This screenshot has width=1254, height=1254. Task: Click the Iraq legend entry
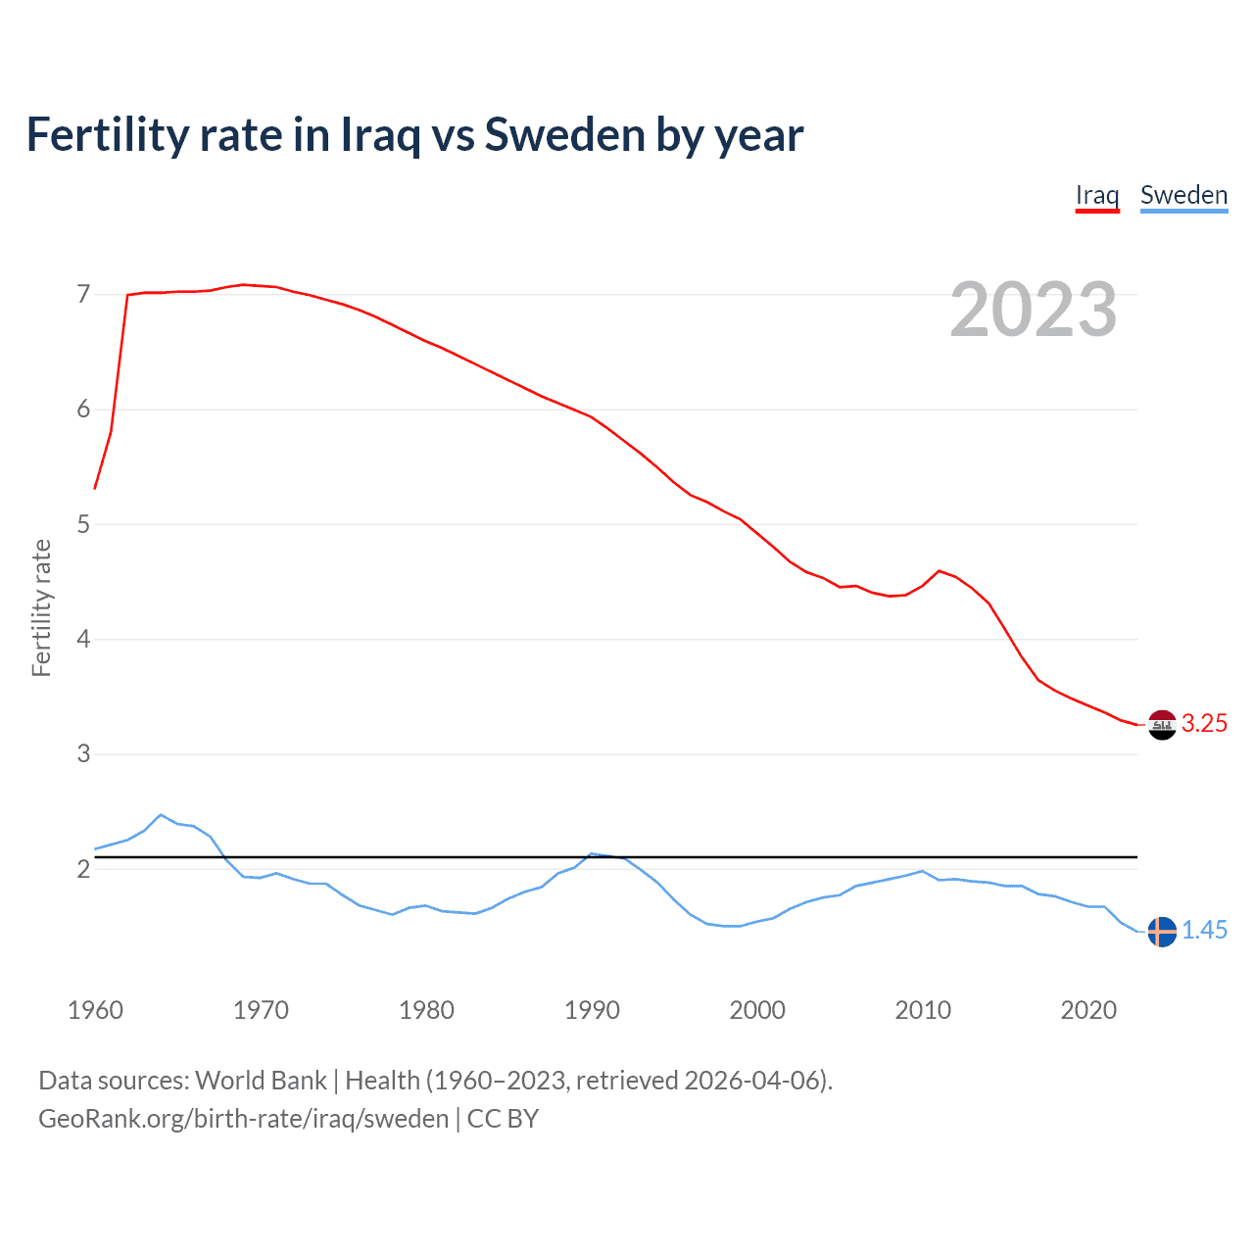[x=1097, y=195]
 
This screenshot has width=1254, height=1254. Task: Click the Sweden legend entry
[x=1183, y=195]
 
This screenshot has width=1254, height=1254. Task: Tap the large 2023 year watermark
[x=1034, y=310]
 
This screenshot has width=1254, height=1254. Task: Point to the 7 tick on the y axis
[x=83, y=294]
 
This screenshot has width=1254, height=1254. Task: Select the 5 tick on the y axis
[x=83, y=524]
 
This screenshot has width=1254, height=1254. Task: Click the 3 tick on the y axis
[x=83, y=753]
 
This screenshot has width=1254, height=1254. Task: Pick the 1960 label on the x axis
[x=95, y=1010]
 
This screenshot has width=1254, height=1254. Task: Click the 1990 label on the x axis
[x=592, y=1010]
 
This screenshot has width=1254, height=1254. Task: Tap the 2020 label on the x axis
[x=1088, y=1010]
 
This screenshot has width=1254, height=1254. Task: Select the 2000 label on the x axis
[x=757, y=1010]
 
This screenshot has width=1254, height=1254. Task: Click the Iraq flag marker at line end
[x=1162, y=725]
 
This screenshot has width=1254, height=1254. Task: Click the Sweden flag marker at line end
[x=1162, y=932]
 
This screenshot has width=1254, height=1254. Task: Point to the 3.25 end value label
[x=1204, y=724]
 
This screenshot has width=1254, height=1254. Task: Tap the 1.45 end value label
[x=1204, y=931]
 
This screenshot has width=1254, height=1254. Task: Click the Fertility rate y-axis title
[x=41, y=607]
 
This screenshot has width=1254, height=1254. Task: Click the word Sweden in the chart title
[x=561, y=135]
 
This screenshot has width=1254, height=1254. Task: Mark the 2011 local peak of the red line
[x=940, y=570]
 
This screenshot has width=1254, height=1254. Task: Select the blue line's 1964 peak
[x=161, y=814]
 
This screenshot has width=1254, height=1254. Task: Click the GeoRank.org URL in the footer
[x=243, y=1119]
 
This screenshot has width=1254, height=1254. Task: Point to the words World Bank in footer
[x=261, y=1081]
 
